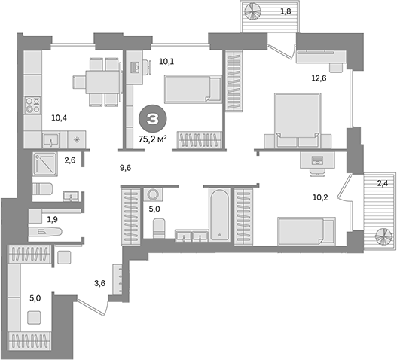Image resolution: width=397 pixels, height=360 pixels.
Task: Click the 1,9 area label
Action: point(52,219)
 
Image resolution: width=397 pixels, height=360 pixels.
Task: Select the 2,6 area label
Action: point(70,160)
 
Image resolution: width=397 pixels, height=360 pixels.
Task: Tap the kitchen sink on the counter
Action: point(52,139)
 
